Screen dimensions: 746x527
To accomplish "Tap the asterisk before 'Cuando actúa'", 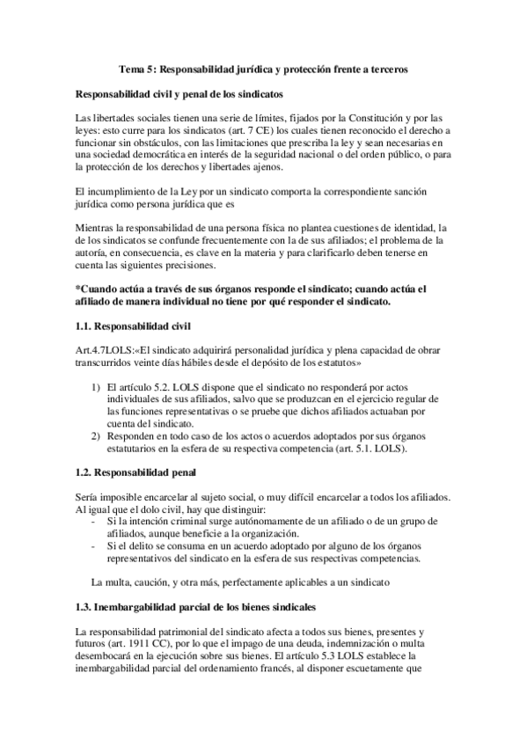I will coord(78,289).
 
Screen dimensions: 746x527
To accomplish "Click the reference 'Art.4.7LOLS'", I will coord(105,351).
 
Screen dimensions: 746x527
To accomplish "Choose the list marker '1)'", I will coord(96,388).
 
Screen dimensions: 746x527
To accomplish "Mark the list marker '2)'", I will coord(96,437).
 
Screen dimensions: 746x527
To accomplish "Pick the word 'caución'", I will coord(150,583).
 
